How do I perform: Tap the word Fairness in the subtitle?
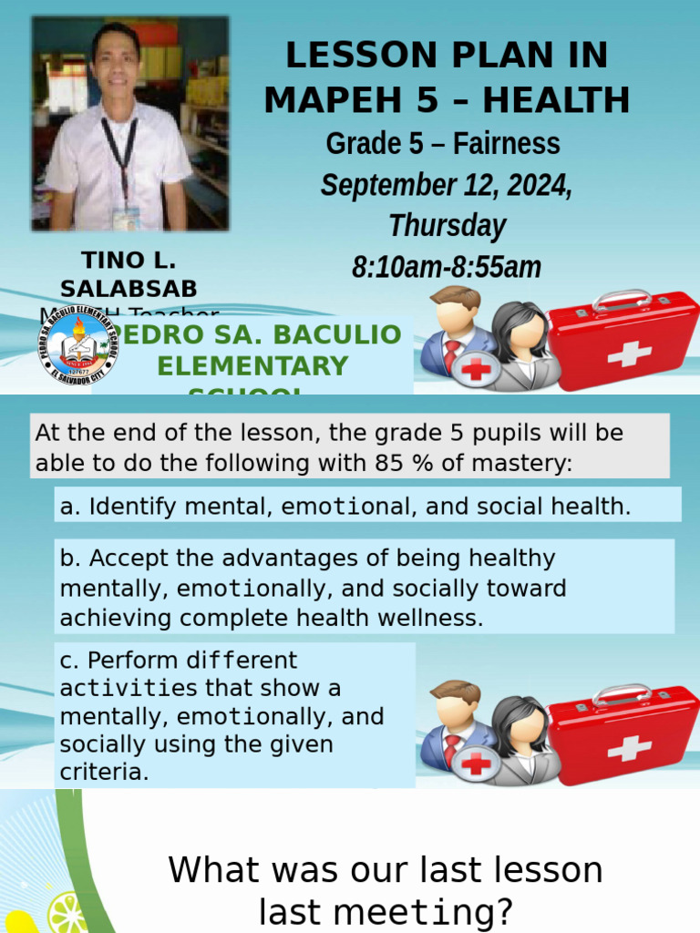point(507,144)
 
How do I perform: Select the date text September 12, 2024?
point(446,186)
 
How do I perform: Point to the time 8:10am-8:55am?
point(446,267)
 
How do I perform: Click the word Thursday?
point(446,225)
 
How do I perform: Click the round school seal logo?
point(77,345)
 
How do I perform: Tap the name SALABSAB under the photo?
point(128,289)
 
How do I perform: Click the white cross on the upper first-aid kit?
point(628,354)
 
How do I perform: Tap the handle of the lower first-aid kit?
point(623,695)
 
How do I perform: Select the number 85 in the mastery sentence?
point(387,463)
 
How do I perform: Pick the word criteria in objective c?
point(102,773)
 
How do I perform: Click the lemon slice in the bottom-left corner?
point(67,913)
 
